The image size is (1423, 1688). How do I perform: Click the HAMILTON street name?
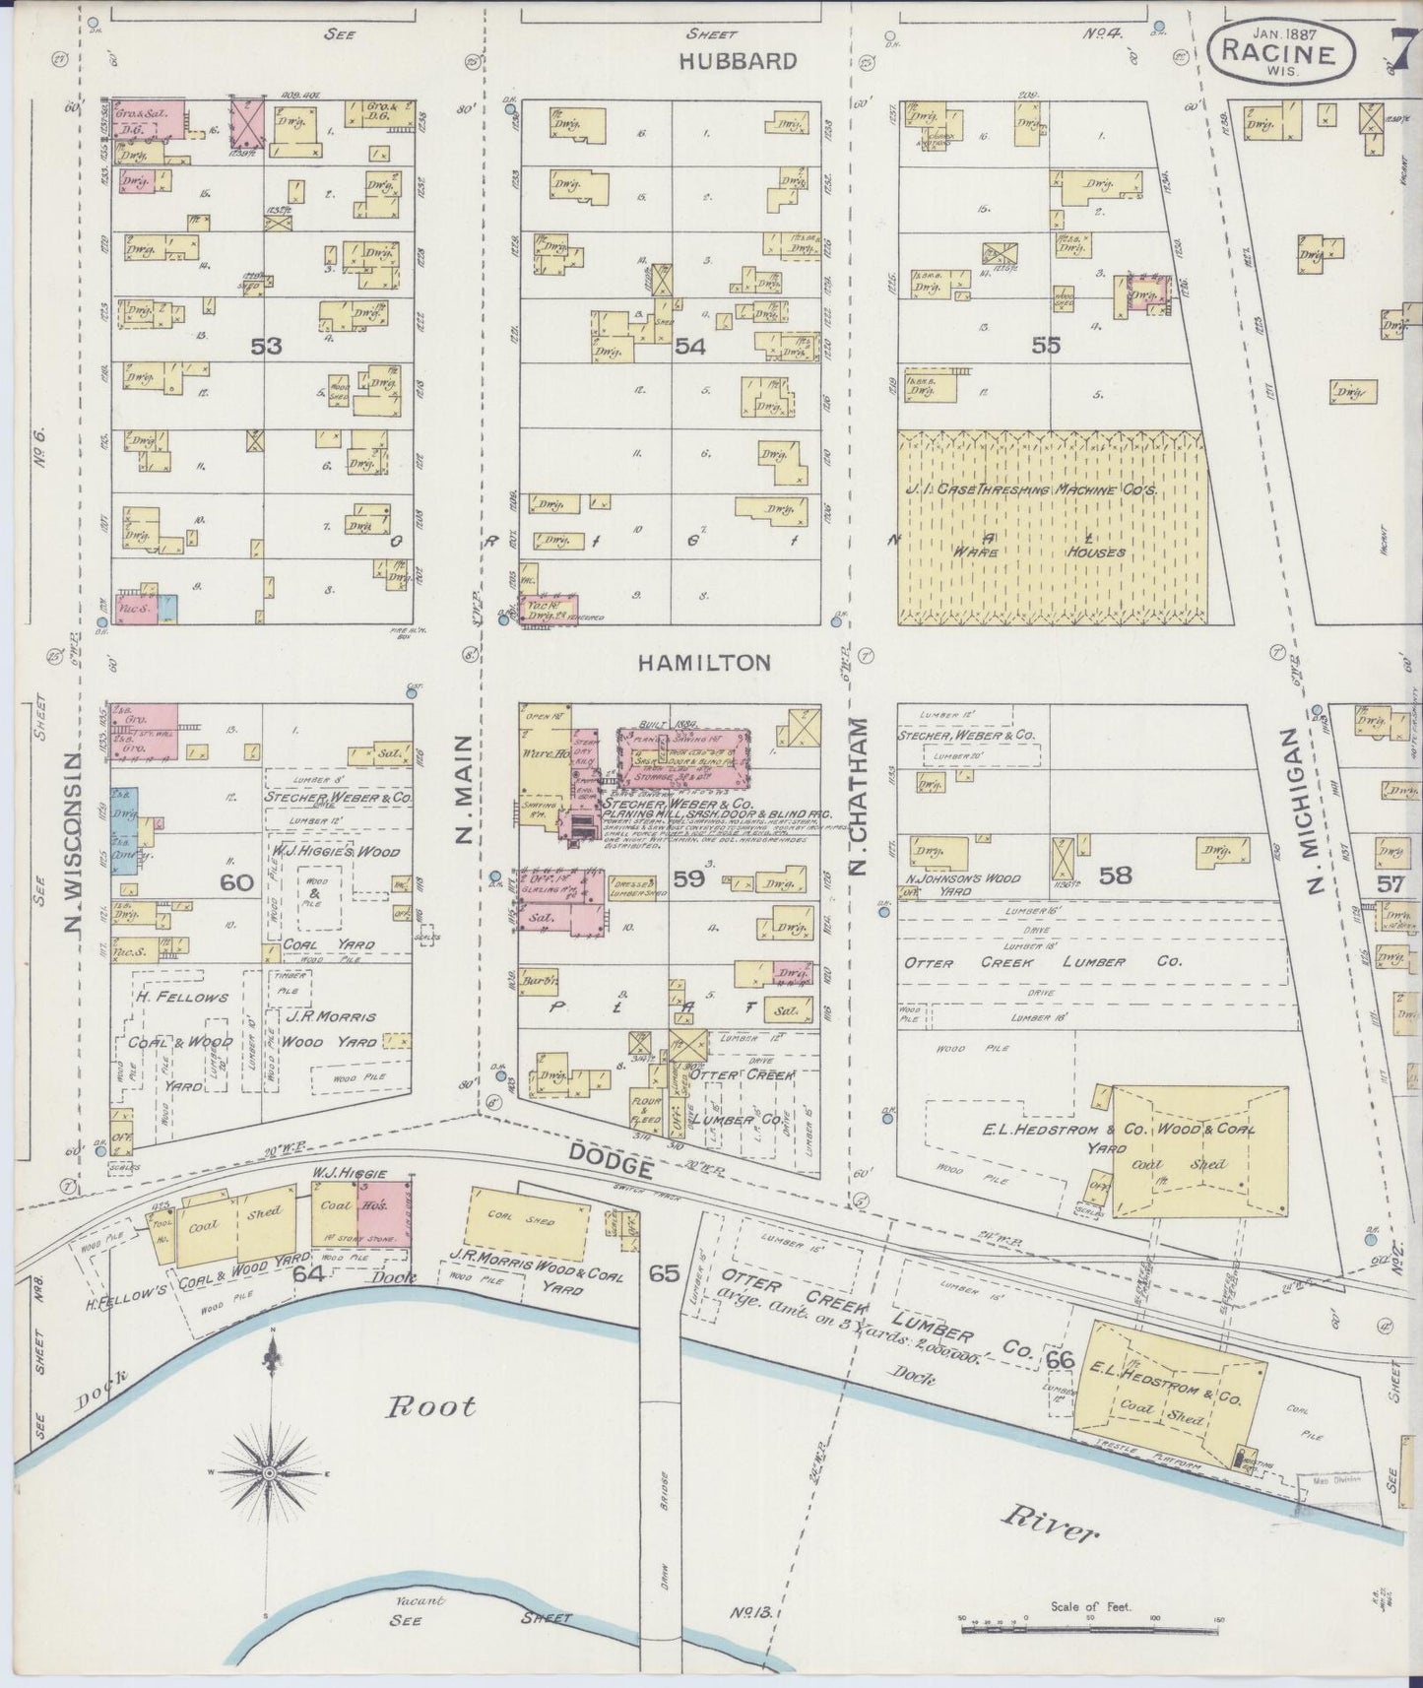pos(704,663)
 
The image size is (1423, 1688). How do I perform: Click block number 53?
pos(266,346)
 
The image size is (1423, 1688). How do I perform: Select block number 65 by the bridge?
pos(664,1272)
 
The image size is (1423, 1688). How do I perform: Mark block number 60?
pos(236,881)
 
